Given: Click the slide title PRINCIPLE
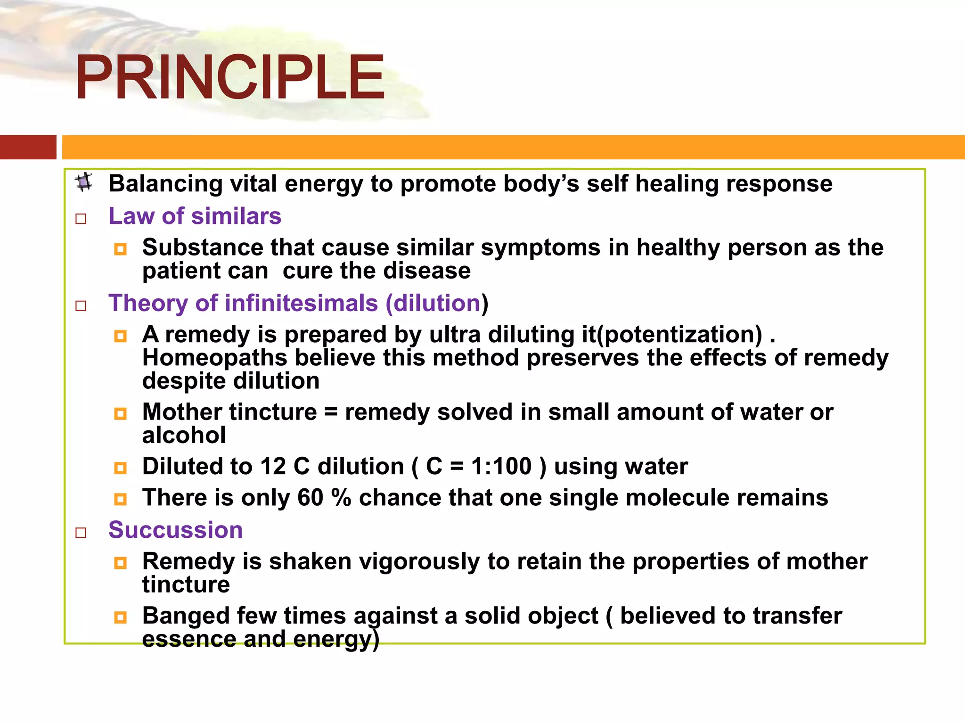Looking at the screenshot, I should pos(230,77).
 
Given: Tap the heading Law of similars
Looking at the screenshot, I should pos(195,216).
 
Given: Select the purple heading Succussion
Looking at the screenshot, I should pos(175,530).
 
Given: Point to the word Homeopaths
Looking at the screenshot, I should pos(214,358).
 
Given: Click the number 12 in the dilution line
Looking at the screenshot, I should pos(273,467).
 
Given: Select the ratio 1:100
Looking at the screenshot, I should pos(501,467).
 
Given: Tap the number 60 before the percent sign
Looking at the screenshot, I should pos(310,498).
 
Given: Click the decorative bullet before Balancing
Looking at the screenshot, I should pos(84,182).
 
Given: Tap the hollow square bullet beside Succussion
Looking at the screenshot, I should pos(81,533).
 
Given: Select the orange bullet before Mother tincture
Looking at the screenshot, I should pos(121,414).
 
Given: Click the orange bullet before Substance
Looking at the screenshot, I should pos(121,249).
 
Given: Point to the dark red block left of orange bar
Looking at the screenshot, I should pos(28,147).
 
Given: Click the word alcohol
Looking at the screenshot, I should pos(184,435).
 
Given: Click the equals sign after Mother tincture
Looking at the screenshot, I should pos(331,412).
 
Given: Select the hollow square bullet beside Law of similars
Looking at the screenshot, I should pos(81,219).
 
